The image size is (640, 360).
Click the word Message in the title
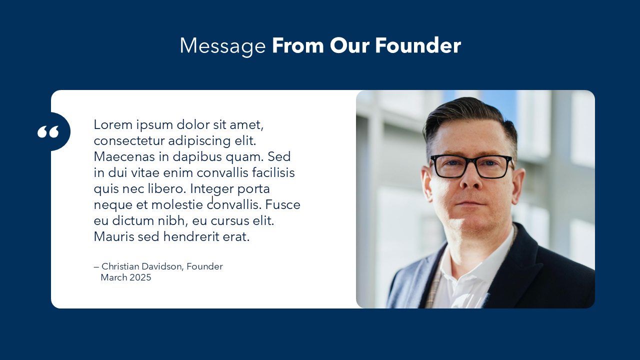click(x=223, y=46)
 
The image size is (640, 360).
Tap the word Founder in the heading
click(x=417, y=45)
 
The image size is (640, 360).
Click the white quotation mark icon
click(x=48, y=131)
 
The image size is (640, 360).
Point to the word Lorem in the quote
click(x=113, y=124)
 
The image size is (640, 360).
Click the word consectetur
click(x=129, y=141)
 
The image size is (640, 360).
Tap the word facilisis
click(x=273, y=172)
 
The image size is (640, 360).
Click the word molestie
click(x=177, y=204)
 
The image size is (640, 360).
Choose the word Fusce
click(x=282, y=204)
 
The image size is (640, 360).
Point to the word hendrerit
click(x=191, y=236)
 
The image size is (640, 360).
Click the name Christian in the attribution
click(x=120, y=266)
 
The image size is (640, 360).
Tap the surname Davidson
click(x=162, y=266)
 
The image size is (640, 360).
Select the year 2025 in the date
click(x=140, y=277)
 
